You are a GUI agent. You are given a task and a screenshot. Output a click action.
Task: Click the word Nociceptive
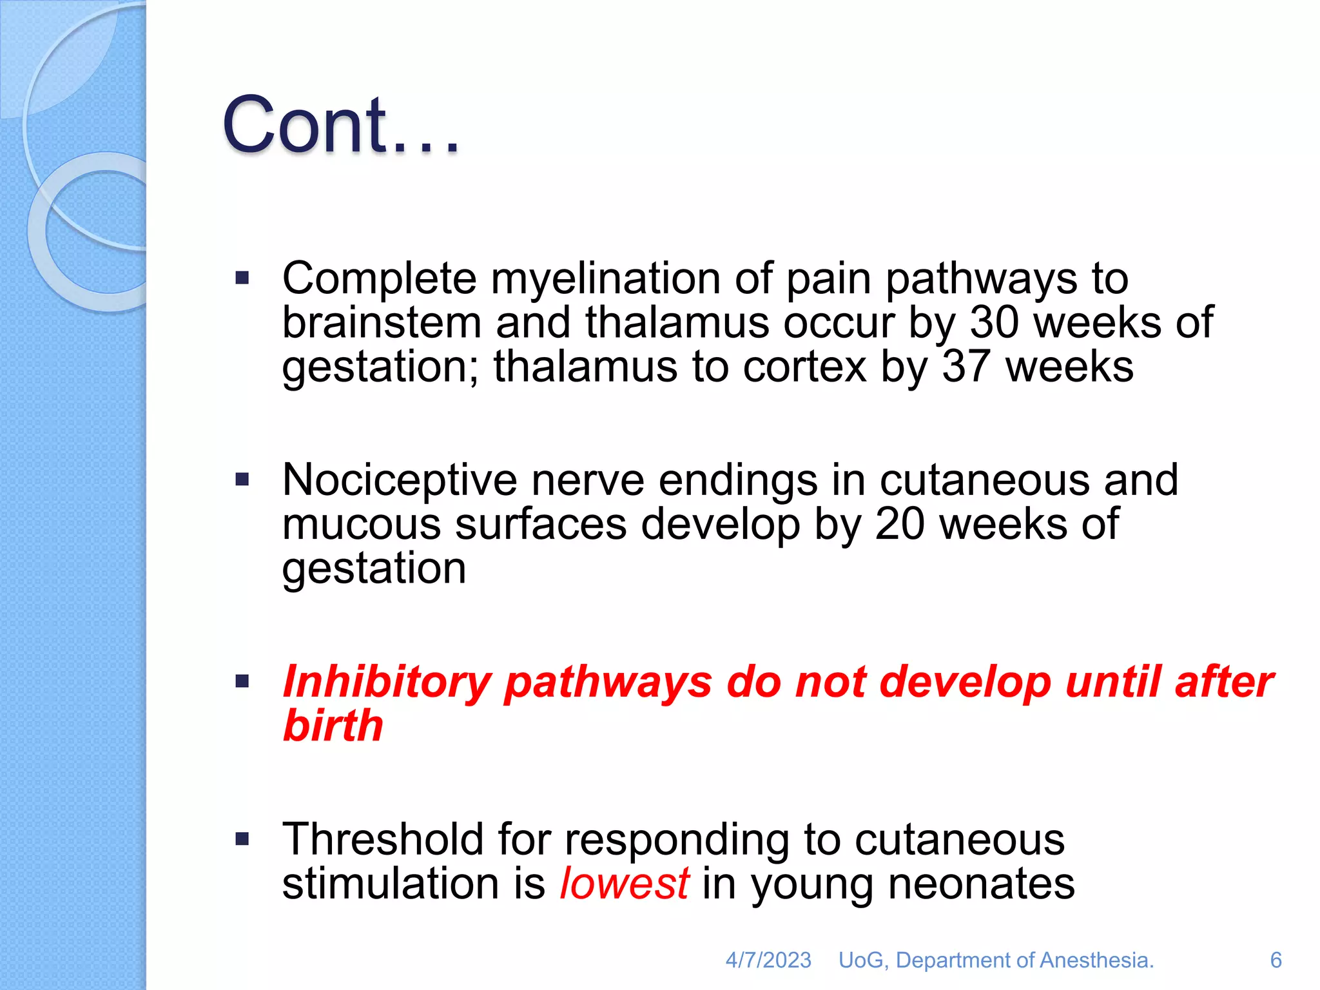coord(400,480)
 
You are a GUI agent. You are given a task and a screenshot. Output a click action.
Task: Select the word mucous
coord(361,525)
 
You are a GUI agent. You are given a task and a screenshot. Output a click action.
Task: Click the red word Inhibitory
coord(387,682)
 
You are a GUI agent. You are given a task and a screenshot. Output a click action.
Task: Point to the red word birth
coord(333,726)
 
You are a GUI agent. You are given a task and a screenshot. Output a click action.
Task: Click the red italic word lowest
coord(624,883)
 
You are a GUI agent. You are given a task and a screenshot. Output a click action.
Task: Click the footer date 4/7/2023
coord(768,960)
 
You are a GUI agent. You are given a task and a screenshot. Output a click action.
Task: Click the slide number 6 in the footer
coord(1276,960)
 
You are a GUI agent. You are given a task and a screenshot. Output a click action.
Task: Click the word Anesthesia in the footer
coord(1096,960)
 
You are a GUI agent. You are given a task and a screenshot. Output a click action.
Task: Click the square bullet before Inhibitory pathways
coord(242,681)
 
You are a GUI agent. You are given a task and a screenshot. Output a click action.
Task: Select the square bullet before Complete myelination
coord(242,278)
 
